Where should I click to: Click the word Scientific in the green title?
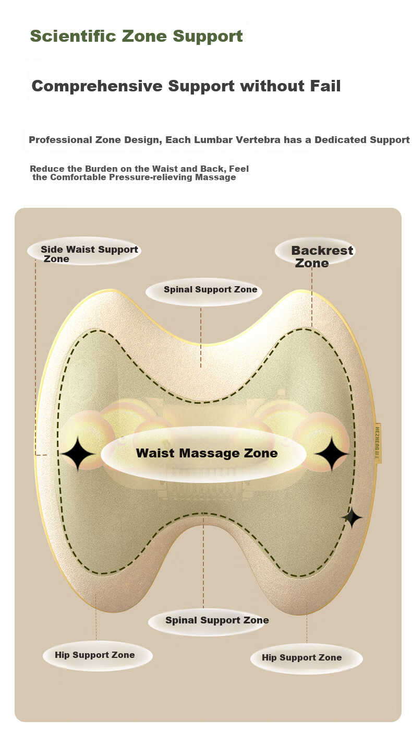click(72, 36)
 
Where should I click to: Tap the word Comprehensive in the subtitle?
click(97, 86)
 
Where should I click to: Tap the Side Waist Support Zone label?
click(89, 254)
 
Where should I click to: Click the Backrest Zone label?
click(321, 256)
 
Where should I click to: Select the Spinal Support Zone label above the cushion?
click(210, 289)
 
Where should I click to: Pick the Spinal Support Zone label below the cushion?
click(217, 620)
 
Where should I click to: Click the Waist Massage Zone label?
click(207, 453)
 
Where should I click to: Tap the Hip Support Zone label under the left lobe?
click(94, 655)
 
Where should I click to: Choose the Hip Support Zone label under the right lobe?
click(301, 657)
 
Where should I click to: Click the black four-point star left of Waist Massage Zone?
click(78, 453)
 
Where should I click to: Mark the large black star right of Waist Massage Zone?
click(332, 454)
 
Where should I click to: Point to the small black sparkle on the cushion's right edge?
click(352, 517)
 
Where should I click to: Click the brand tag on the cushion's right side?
click(378, 443)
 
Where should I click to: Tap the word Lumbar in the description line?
click(213, 140)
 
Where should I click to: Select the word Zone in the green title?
click(144, 36)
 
